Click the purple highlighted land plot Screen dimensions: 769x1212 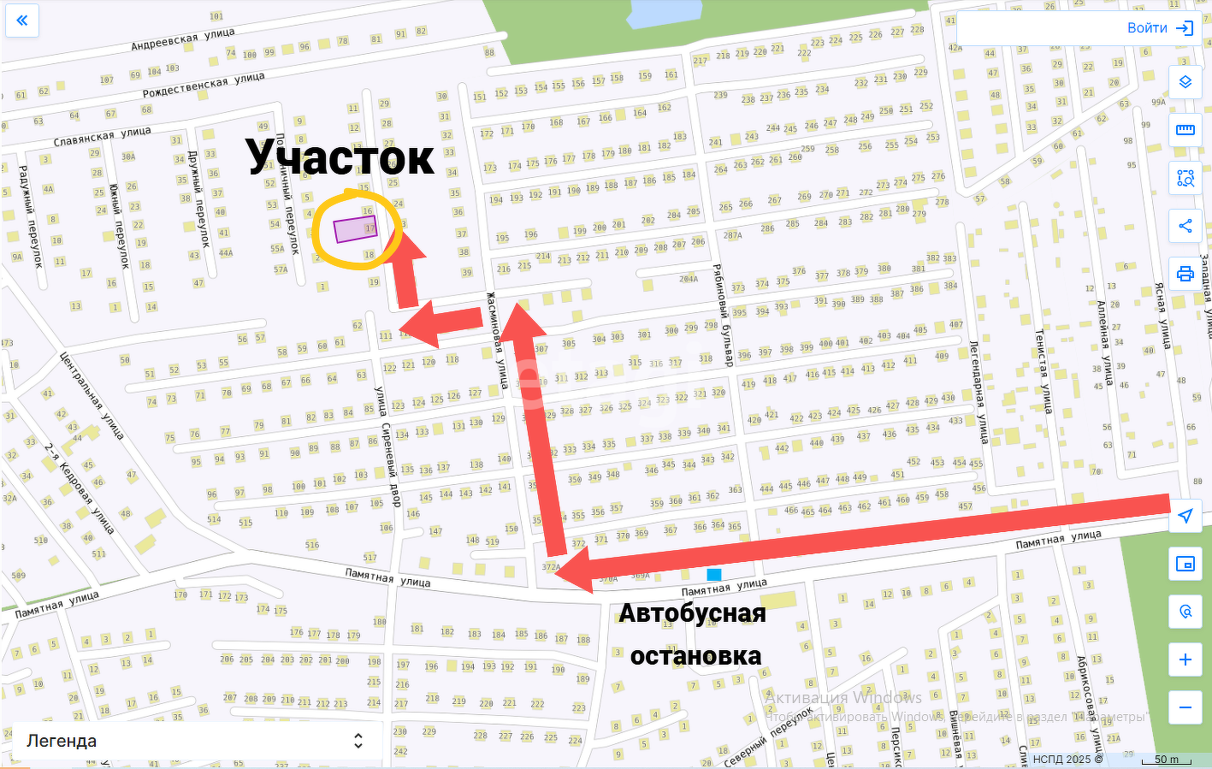(355, 229)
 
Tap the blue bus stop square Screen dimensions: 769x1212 (714, 575)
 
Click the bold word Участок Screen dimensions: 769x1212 (340, 157)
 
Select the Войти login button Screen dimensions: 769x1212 (1159, 28)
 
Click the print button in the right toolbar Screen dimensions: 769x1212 (1185, 274)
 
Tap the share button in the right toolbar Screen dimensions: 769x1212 (1185, 226)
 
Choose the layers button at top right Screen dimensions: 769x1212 (1185, 82)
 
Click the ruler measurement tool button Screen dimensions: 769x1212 (1185, 130)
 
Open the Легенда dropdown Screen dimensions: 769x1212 (196, 741)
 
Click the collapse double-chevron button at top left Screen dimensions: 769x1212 (22, 20)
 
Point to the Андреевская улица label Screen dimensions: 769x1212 (183, 38)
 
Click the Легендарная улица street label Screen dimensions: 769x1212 (979, 392)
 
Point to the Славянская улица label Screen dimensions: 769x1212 (103, 136)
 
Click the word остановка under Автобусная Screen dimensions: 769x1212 (695, 656)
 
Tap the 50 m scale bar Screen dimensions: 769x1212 (1166, 760)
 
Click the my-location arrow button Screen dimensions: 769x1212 (1185, 516)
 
